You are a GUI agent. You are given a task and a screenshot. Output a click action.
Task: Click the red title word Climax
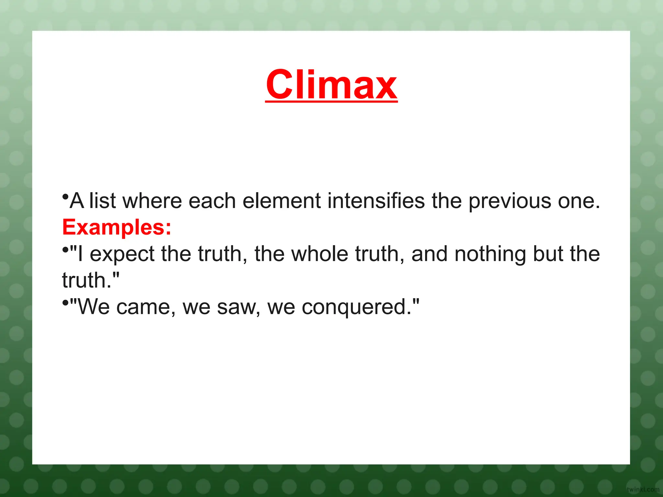tap(331, 85)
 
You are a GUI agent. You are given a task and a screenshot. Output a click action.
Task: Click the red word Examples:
tap(117, 227)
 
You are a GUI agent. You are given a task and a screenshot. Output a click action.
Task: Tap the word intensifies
tap(376, 201)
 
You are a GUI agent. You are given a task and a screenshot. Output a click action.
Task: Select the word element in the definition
tap(281, 201)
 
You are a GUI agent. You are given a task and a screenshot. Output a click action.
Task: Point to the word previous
tap(510, 202)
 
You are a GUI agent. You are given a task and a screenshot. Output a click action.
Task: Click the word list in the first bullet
tap(102, 201)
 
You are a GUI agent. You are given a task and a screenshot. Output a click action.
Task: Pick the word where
tap(152, 201)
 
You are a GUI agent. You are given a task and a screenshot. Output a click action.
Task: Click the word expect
tap(122, 254)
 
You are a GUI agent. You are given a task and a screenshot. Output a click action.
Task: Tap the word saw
tap(238, 307)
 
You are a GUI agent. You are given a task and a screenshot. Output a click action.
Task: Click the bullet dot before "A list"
tap(65, 196)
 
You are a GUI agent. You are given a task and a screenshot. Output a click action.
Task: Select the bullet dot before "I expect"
tap(65, 249)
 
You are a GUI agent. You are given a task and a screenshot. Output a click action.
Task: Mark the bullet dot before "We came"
tap(65, 303)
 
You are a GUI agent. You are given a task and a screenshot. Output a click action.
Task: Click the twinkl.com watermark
tap(643, 490)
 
